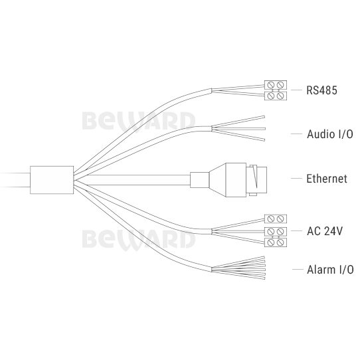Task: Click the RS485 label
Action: click(321, 90)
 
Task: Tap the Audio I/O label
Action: click(330, 134)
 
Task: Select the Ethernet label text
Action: click(327, 179)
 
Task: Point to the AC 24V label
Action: click(325, 231)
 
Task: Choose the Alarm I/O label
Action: click(330, 270)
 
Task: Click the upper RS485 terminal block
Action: click(276, 85)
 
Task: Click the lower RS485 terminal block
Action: click(276, 96)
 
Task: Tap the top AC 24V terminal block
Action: click(276, 219)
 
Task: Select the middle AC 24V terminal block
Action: click(276, 231)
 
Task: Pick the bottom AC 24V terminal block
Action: click(276, 242)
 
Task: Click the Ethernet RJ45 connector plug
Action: click(238, 180)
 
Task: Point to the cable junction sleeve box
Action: click(52, 180)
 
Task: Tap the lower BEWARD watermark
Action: click(139, 240)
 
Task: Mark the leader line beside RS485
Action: click(296, 90)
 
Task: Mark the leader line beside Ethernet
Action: click(296, 179)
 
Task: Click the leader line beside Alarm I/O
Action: click(298, 269)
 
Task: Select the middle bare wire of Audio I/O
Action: click(238, 129)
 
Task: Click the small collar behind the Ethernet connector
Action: click(199, 180)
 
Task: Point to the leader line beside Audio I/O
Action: click(296, 134)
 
